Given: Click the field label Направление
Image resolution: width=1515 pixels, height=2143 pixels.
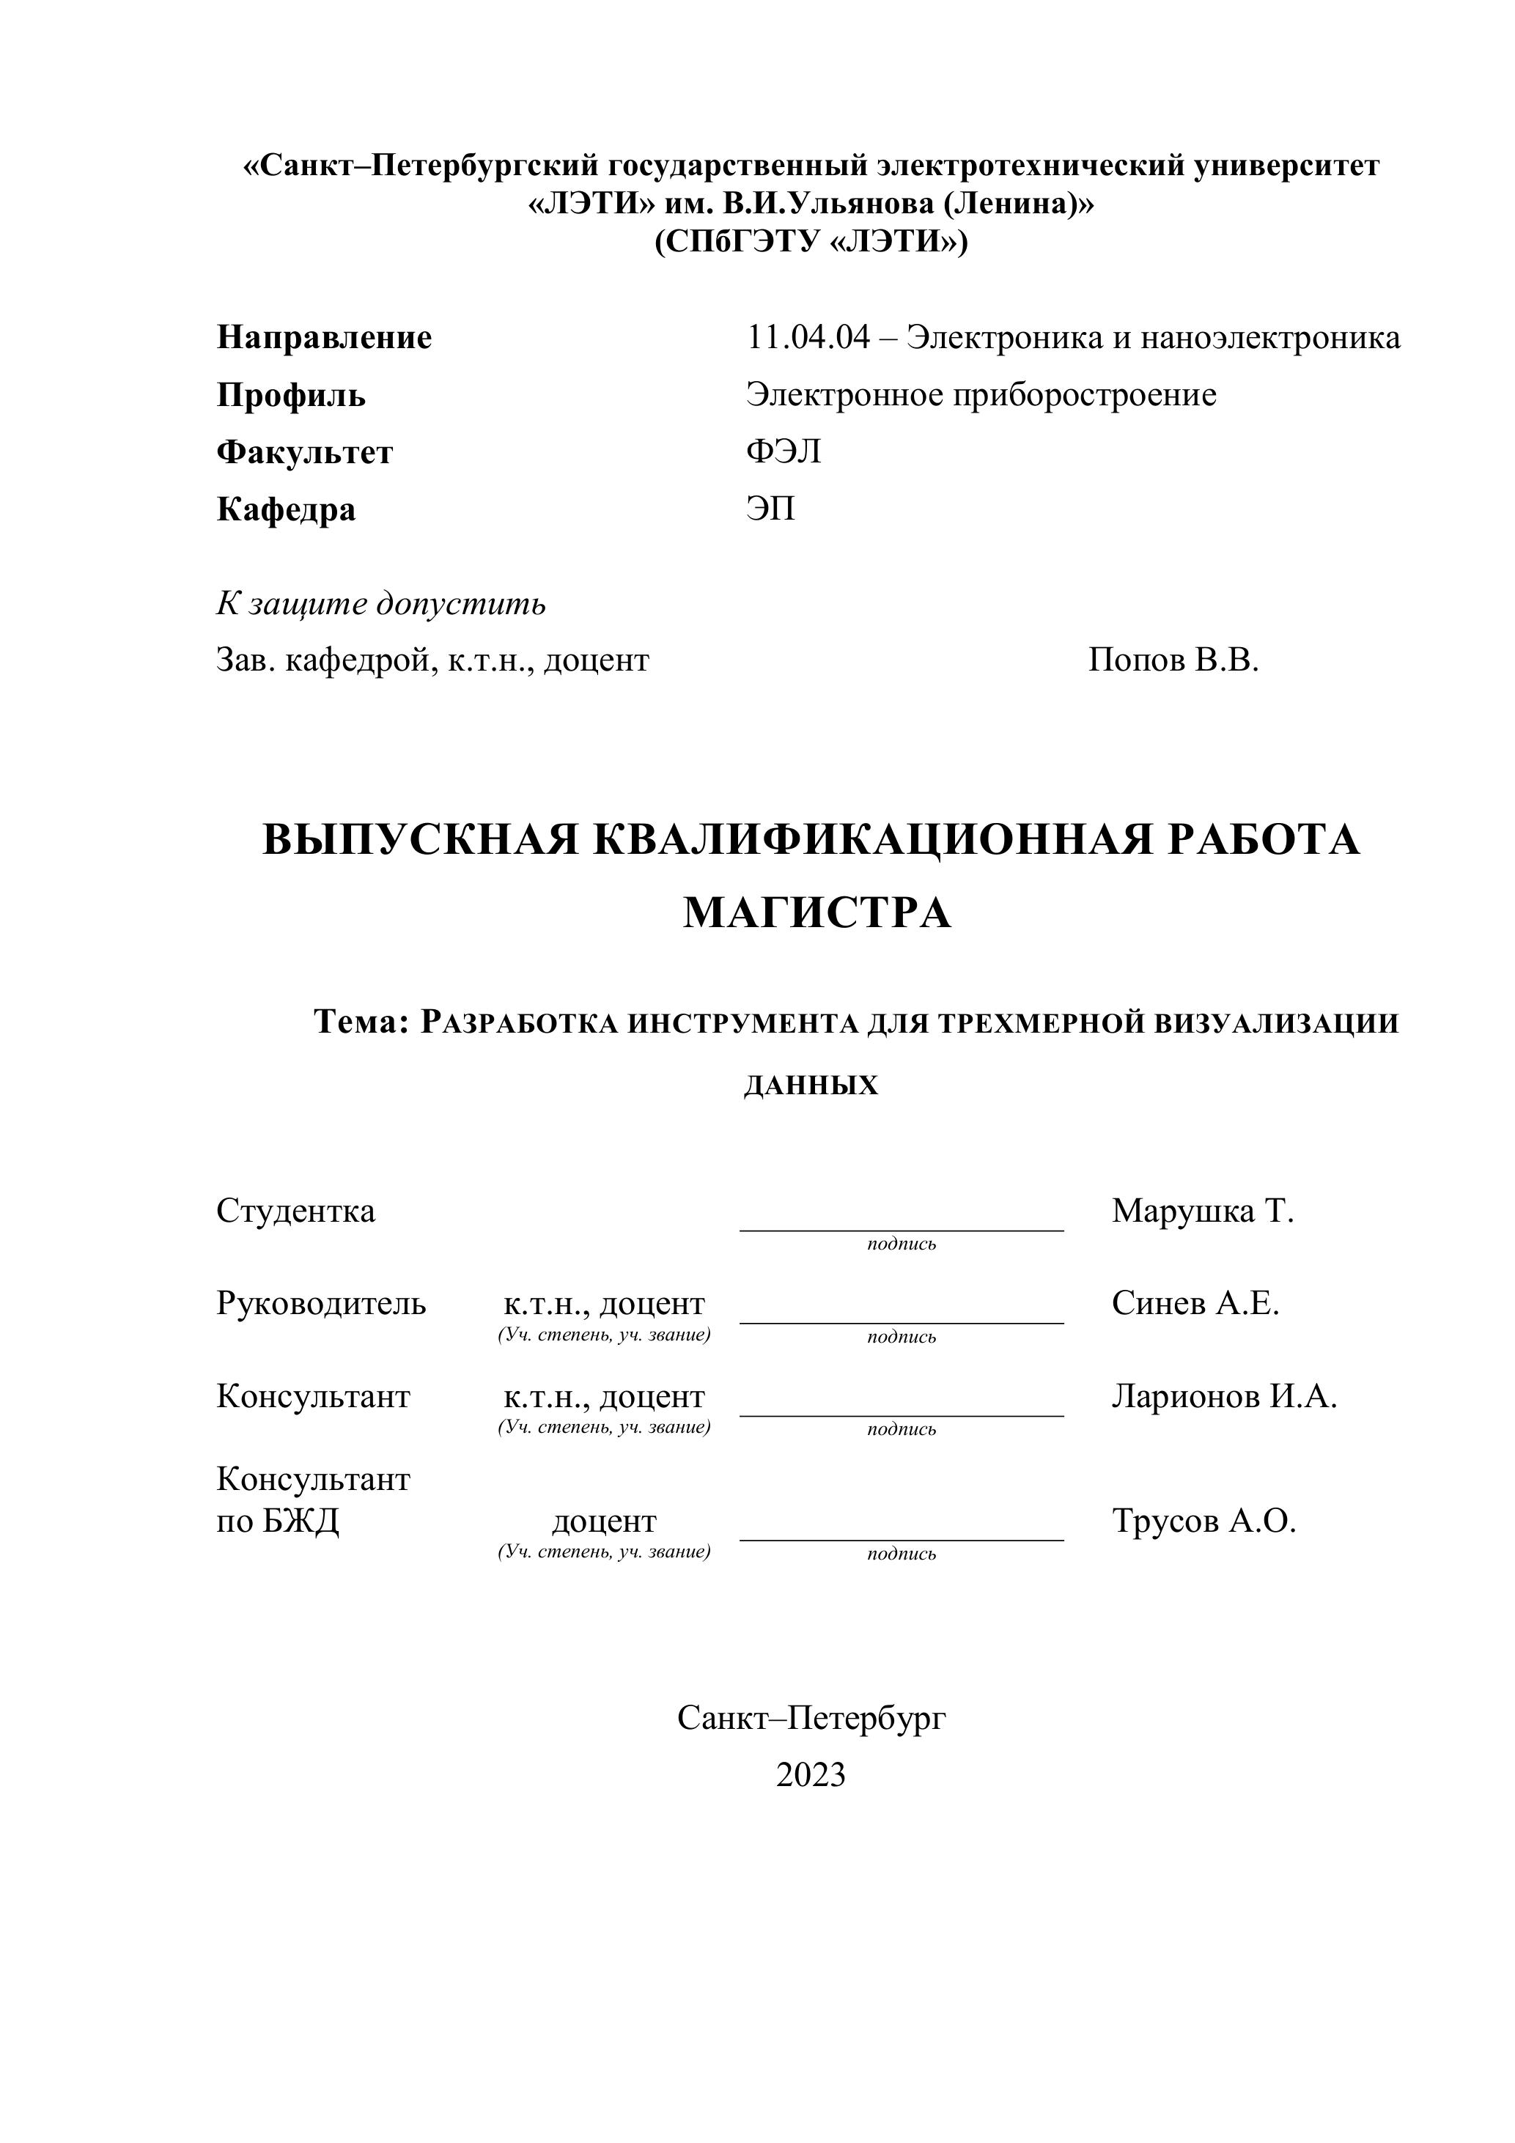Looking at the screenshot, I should [324, 337].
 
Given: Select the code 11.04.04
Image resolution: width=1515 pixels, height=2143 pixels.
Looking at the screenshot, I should [808, 337].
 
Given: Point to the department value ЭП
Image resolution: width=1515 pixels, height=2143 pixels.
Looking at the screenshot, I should [770, 509].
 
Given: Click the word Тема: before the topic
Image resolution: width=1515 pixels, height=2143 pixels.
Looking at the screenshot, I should [362, 1022].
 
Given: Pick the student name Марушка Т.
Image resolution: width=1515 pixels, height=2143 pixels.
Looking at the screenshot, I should [1202, 1211].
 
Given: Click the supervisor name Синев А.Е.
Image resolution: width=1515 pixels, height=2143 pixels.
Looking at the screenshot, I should [1195, 1303].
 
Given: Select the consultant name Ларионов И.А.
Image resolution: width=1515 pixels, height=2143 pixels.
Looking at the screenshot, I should [1224, 1396].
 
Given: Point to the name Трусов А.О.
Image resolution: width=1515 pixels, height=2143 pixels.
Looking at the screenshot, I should [1203, 1521].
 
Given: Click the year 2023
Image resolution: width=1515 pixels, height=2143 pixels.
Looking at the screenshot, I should [810, 1774].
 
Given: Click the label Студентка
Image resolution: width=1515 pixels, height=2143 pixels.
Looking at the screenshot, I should [296, 1211].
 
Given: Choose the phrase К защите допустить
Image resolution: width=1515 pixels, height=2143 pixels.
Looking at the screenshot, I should [381, 604].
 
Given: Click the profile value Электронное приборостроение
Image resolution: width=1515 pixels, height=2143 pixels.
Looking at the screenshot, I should [981, 395].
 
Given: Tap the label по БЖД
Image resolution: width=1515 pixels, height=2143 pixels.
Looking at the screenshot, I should [279, 1521].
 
